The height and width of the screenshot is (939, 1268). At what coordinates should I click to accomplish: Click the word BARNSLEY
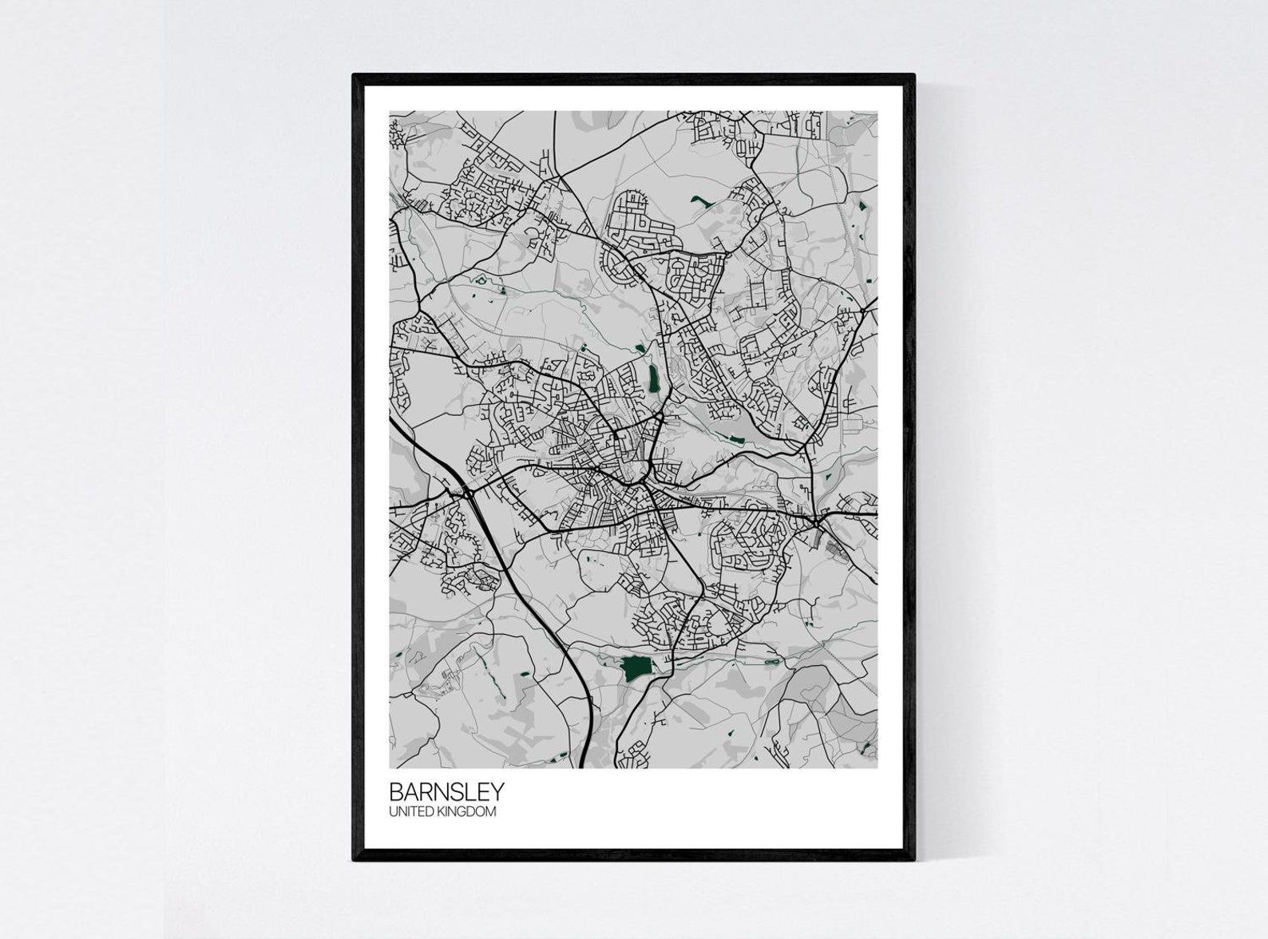point(446,791)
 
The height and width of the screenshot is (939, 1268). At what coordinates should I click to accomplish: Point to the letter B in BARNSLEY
point(396,791)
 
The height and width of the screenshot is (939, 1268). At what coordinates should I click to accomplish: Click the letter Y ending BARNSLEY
point(497,791)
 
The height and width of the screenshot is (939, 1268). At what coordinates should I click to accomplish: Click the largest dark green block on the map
point(636,668)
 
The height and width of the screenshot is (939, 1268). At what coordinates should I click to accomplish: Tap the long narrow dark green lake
point(654,378)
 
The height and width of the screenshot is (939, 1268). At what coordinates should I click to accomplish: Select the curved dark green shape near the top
point(703,201)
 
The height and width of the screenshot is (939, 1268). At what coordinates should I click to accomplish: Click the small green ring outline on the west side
point(481,279)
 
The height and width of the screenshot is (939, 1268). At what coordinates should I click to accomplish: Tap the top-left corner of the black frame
point(355,76)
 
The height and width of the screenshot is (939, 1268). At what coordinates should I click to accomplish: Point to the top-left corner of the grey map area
point(390,112)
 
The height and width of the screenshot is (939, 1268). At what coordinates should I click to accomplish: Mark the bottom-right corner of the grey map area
point(877,767)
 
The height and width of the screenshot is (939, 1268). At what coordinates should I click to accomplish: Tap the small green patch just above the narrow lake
point(640,347)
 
